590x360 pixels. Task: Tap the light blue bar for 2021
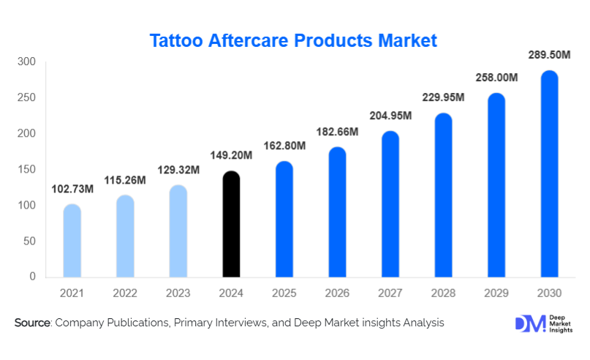pyautogui.click(x=72, y=241)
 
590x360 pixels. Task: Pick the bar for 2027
pyautogui.click(x=390, y=204)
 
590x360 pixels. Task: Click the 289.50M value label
pyautogui.click(x=549, y=55)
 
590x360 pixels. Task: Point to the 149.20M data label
pyautogui.click(x=231, y=155)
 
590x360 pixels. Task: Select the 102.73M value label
pyautogui.click(x=72, y=189)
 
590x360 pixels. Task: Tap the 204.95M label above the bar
pyautogui.click(x=390, y=116)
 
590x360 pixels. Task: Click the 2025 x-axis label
pyautogui.click(x=284, y=293)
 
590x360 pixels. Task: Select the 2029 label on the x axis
pyautogui.click(x=496, y=293)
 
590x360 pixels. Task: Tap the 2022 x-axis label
pyautogui.click(x=125, y=293)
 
